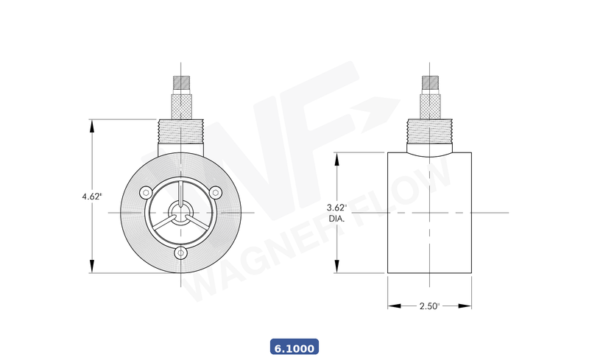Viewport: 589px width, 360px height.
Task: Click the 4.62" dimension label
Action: coord(92,197)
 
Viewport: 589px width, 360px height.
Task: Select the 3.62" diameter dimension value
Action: coord(336,208)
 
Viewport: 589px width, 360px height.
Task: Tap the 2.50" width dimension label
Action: coord(429,306)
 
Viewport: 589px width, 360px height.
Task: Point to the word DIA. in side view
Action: coord(336,219)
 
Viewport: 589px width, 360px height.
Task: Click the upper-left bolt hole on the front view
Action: coord(146,192)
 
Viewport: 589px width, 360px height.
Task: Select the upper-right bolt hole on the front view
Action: coord(216,192)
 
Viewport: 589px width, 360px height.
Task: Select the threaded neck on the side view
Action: coord(429,131)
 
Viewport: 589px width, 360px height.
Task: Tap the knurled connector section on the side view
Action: coord(429,105)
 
